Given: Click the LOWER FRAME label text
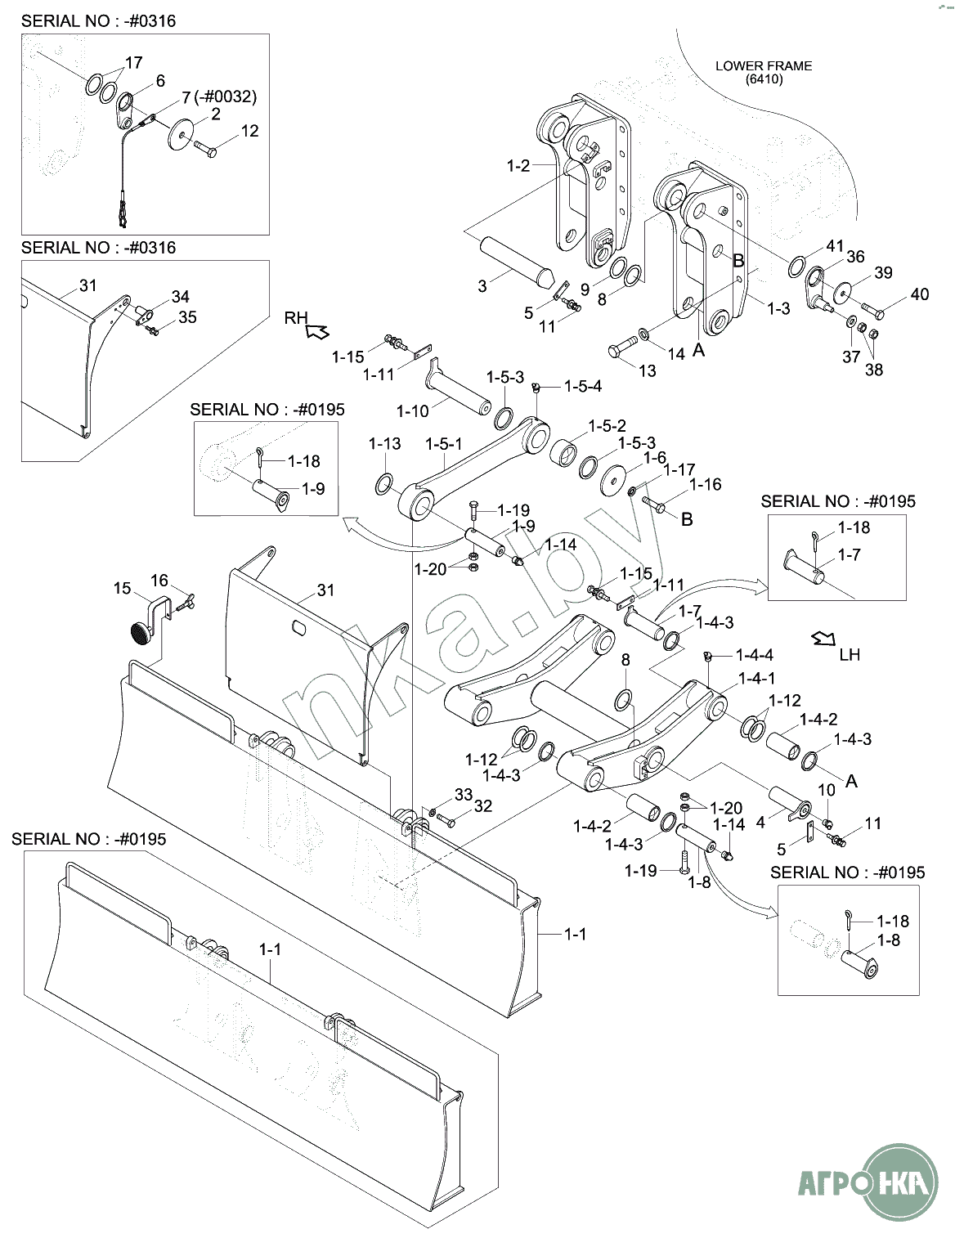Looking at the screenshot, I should [763, 65].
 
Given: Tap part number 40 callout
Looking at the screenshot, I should [919, 294].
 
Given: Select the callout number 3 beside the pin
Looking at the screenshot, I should [482, 285].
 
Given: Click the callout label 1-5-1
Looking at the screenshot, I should [444, 444].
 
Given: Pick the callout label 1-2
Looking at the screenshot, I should [518, 166].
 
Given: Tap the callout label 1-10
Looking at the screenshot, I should [412, 410].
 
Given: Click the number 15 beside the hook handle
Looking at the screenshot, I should [122, 588].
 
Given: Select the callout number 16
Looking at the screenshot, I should [159, 580].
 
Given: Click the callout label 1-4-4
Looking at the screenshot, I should [754, 655].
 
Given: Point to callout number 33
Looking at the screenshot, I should [464, 794].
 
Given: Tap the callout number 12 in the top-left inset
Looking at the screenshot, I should [249, 131].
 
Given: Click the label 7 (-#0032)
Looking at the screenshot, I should [218, 96].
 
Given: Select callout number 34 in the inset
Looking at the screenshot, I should [180, 296].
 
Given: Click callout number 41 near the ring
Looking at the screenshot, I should [834, 246].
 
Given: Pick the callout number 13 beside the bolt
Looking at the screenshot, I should [647, 370].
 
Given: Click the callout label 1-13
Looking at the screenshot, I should [384, 444].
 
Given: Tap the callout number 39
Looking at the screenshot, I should [883, 272].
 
